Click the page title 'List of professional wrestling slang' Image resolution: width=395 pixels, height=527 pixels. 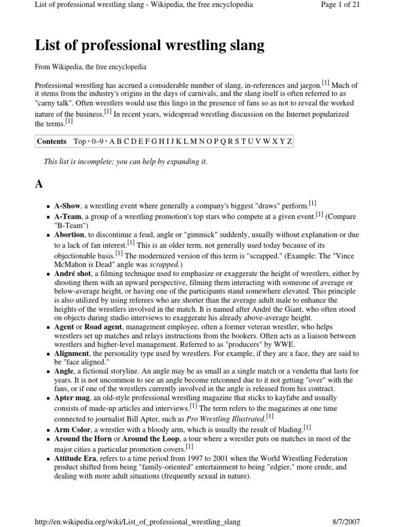[x=150, y=46]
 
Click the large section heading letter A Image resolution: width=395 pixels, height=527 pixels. [x=40, y=185]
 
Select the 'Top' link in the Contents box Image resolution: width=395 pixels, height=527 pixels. [x=80, y=142]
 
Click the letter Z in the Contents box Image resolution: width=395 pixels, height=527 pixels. [x=290, y=142]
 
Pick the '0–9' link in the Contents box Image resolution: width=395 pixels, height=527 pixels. [x=98, y=142]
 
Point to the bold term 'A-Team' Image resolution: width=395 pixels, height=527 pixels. [x=68, y=217]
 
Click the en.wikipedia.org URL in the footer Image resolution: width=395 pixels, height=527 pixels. [x=137, y=521]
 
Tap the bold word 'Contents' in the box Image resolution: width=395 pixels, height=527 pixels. [x=52, y=142]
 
